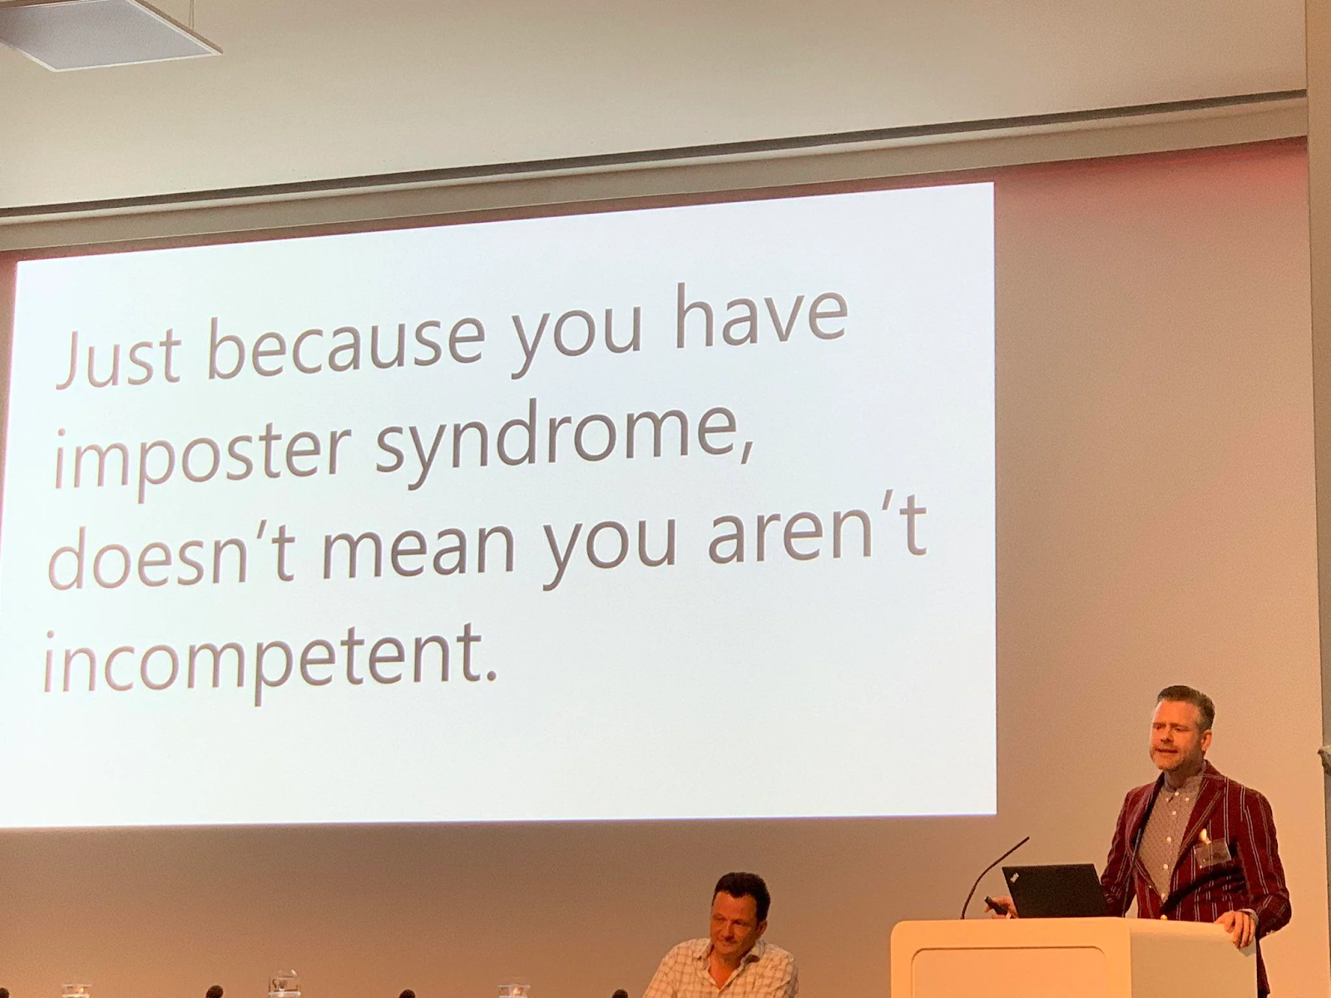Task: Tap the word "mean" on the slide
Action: pyautogui.click(x=418, y=551)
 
